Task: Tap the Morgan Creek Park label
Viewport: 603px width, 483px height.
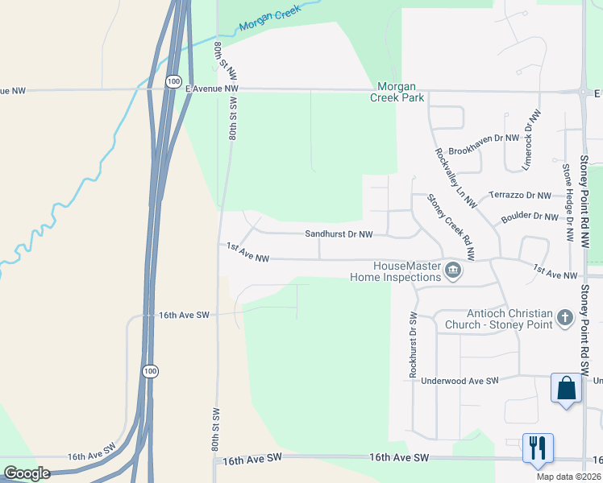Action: [397, 92]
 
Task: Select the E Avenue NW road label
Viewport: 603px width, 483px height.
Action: [212, 89]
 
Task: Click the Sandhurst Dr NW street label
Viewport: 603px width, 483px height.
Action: [339, 234]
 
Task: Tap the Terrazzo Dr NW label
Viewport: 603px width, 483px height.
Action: [521, 196]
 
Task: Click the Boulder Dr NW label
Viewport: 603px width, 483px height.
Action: [529, 216]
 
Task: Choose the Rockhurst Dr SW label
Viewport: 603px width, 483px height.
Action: [412, 345]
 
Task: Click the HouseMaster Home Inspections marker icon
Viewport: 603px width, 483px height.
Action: [452, 271]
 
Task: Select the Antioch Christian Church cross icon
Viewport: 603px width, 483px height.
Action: [565, 318]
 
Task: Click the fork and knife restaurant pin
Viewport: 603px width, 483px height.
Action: [538, 447]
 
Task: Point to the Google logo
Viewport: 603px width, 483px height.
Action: [27, 473]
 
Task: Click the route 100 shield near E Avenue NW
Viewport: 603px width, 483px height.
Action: [173, 81]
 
